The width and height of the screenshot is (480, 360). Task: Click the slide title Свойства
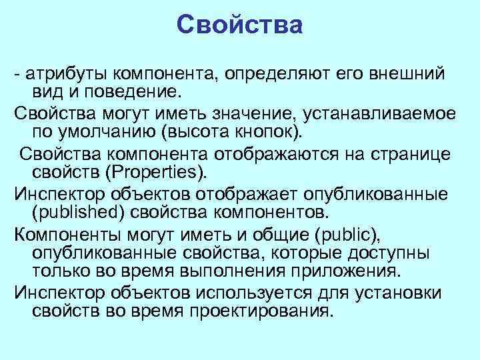coord(240,25)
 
